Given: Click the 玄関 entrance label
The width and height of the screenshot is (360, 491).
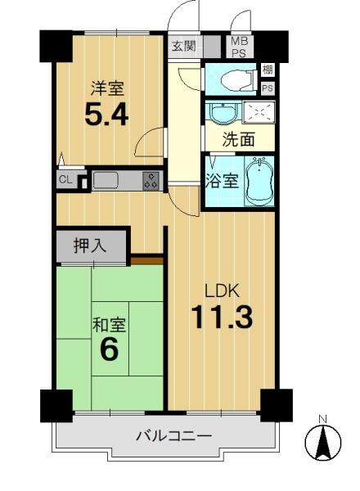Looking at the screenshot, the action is point(184,47).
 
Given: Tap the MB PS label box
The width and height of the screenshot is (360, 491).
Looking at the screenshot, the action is point(240,47).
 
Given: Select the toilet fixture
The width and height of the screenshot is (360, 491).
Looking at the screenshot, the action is point(239,80).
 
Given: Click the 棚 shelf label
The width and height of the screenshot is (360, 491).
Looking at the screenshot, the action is point(268,70).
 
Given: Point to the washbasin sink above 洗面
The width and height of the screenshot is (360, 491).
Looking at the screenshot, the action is point(223,112).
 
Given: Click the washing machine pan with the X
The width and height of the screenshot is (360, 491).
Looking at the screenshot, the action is point(259,112).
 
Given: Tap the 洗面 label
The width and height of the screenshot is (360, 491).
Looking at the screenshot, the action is point(239,139).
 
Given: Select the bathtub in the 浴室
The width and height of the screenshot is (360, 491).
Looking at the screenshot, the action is point(259,181).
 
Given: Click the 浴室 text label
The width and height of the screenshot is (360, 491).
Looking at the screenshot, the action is point(222,181).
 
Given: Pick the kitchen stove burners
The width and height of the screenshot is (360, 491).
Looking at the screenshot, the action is point(151,181).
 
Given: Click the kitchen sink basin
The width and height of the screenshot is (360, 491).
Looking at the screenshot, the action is point(106,180).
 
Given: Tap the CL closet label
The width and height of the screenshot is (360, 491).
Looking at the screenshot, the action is point(65,180).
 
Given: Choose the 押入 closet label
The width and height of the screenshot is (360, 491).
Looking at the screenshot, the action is point(90,245).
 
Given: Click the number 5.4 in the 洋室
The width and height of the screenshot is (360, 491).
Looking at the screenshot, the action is point(106,115).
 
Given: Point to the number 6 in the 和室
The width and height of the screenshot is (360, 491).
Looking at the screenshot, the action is point(110,349).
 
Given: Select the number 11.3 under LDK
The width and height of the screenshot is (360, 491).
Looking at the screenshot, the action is point(222,318).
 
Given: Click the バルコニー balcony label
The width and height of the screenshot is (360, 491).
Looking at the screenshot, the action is point(173,435).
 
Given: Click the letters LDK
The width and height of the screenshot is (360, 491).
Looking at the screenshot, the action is point(223,291).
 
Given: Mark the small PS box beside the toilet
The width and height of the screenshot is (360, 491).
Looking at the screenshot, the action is point(268,88).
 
